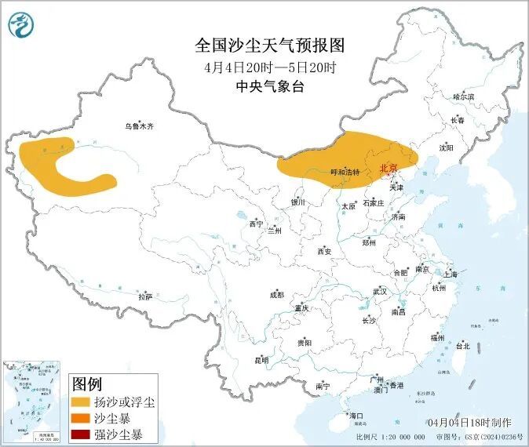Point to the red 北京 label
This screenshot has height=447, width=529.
[389, 168]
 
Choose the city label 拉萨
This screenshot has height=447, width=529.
[145, 297]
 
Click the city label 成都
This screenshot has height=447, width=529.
[276, 295]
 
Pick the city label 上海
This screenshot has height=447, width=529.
[451, 274]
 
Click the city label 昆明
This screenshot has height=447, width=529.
[261, 361]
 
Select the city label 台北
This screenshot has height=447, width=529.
[462, 345]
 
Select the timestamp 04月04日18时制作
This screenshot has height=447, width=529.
[471, 423]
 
